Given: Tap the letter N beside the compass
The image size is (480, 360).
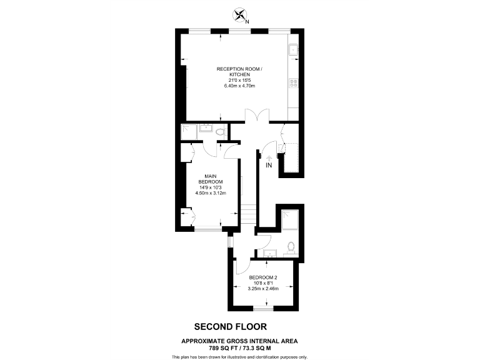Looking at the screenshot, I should click(247, 22).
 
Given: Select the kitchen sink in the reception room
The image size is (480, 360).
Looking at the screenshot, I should click(293, 48).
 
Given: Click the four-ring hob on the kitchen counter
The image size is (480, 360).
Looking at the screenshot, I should click(293, 82).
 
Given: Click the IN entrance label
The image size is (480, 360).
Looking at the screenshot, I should click(269, 166).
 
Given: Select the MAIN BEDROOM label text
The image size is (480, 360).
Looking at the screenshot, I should click(210, 179).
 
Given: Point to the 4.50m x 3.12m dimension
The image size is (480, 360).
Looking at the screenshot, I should click(210, 193).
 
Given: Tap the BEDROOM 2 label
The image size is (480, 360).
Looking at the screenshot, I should click(262, 277).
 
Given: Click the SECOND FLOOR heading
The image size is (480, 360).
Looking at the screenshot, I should click(231, 326).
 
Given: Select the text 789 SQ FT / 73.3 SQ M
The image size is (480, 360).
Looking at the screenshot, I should click(239, 347).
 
